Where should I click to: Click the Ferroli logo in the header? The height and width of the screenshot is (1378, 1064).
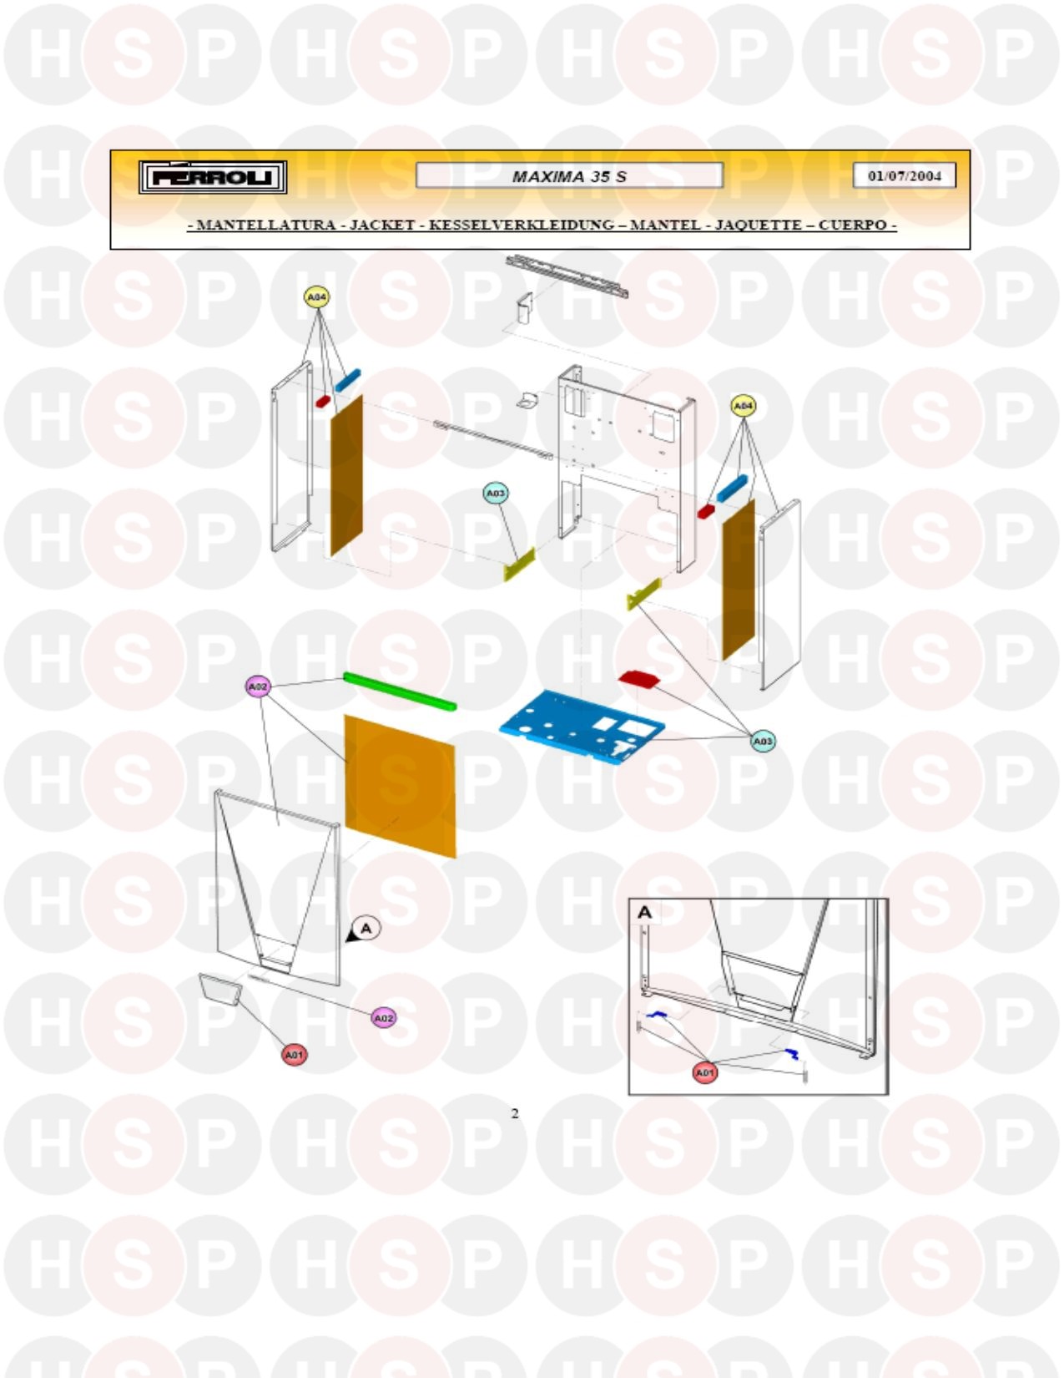(212, 177)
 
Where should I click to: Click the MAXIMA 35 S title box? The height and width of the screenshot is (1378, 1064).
(569, 175)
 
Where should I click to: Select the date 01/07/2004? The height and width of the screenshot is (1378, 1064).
(904, 175)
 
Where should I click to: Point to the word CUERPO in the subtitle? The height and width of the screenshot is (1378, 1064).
(852, 225)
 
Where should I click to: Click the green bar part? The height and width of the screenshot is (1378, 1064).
(400, 692)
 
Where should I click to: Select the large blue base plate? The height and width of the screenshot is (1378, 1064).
(582, 727)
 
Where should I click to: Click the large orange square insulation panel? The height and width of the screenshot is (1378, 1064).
(400, 786)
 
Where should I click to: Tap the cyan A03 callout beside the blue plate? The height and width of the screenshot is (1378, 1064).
(763, 741)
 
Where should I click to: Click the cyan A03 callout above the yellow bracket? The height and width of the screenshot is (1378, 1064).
(496, 494)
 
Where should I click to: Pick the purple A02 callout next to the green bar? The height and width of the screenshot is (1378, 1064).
(258, 686)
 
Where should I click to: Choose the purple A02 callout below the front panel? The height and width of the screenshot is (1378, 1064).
(383, 1018)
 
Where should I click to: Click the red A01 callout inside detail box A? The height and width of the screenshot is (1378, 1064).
(704, 1072)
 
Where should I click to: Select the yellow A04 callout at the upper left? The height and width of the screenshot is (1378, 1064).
(317, 296)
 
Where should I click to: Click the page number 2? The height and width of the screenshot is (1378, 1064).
(515, 1113)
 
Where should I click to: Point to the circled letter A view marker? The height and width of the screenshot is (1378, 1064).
(366, 929)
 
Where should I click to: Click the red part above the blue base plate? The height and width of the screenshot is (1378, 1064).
(638, 678)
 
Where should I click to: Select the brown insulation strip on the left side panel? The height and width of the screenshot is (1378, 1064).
(346, 475)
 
